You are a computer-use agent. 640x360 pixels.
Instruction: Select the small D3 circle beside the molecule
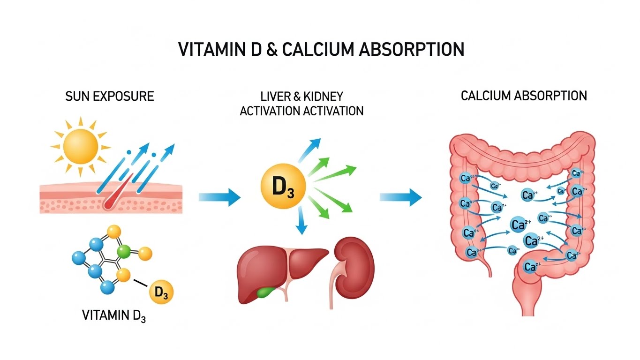[161, 294]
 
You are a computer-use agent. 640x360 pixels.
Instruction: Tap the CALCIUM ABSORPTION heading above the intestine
[523, 96]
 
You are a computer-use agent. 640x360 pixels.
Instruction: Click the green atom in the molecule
[123, 252]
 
